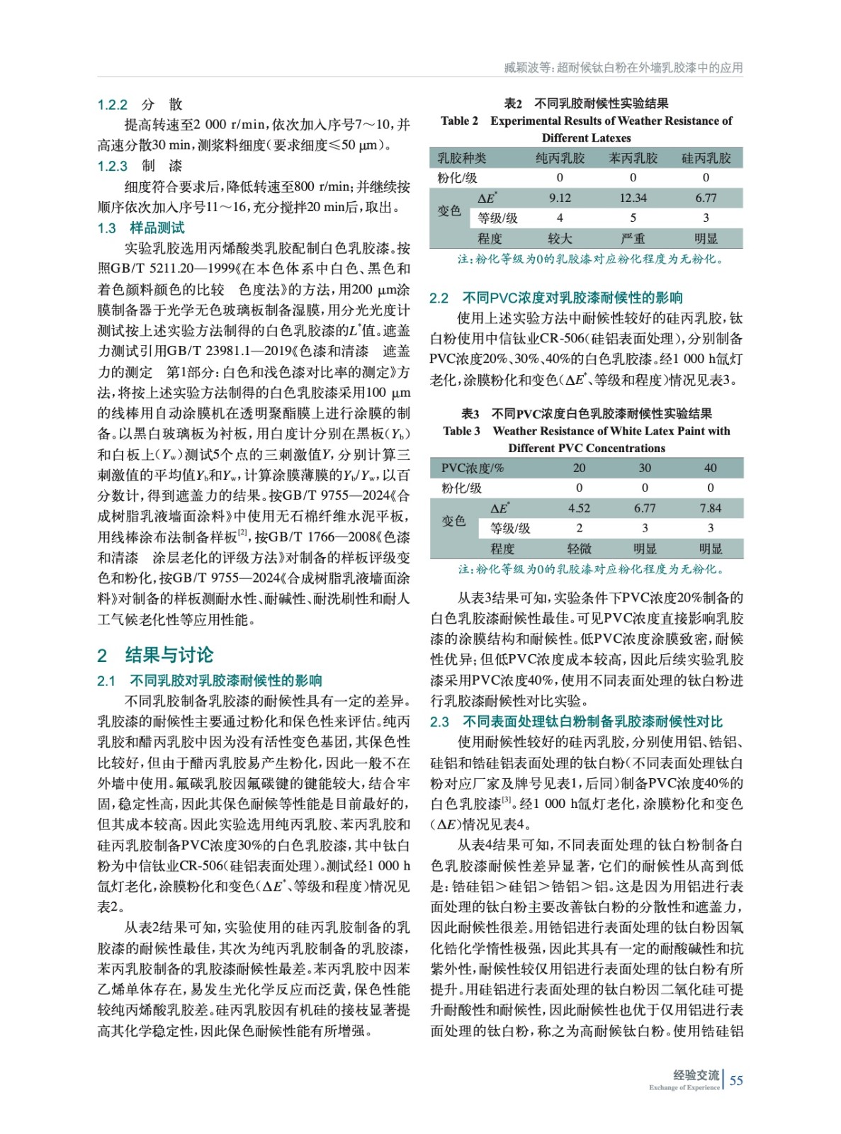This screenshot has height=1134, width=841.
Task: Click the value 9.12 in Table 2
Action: [560, 198]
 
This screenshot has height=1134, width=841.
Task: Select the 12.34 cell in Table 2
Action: [633, 198]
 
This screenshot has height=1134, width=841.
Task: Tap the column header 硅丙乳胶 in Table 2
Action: [706, 158]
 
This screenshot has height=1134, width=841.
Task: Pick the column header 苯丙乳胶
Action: [633, 158]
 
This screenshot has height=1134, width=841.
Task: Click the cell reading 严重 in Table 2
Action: [633, 239]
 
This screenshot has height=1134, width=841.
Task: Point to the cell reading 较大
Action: [560, 239]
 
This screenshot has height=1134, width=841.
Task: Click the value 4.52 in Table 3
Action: [579, 508]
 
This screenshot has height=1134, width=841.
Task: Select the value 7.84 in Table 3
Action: [710, 508]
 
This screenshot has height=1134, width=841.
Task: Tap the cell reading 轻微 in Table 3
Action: [579, 549]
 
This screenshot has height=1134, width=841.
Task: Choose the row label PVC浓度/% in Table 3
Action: [473, 468]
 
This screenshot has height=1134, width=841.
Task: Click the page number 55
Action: [736, 1081]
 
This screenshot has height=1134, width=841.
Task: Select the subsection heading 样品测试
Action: [157, 228]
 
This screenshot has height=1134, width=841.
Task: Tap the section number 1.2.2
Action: [112, 105]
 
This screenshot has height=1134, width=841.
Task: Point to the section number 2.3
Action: [439, 722]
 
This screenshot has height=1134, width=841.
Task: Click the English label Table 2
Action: [459, 121]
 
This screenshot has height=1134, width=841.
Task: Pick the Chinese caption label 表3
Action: [470, 414]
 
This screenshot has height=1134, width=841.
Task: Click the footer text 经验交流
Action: [696, 1075]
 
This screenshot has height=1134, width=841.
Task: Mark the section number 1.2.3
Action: [112, 167]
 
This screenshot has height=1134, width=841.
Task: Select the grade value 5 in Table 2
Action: [633, 218]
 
